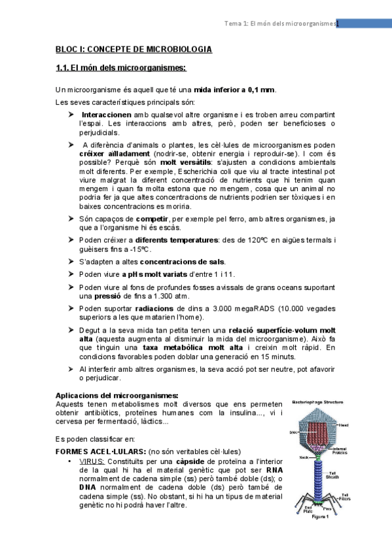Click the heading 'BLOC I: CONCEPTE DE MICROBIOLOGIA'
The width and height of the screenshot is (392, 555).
[x=133, y=49]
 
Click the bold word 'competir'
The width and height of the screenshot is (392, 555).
[x=152, y=218]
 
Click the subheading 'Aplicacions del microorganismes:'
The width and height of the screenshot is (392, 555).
[x=116, y=395]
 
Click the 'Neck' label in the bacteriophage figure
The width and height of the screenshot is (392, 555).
[x=302, y=457]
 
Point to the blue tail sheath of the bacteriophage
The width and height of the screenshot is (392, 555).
[x=321, y=478]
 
